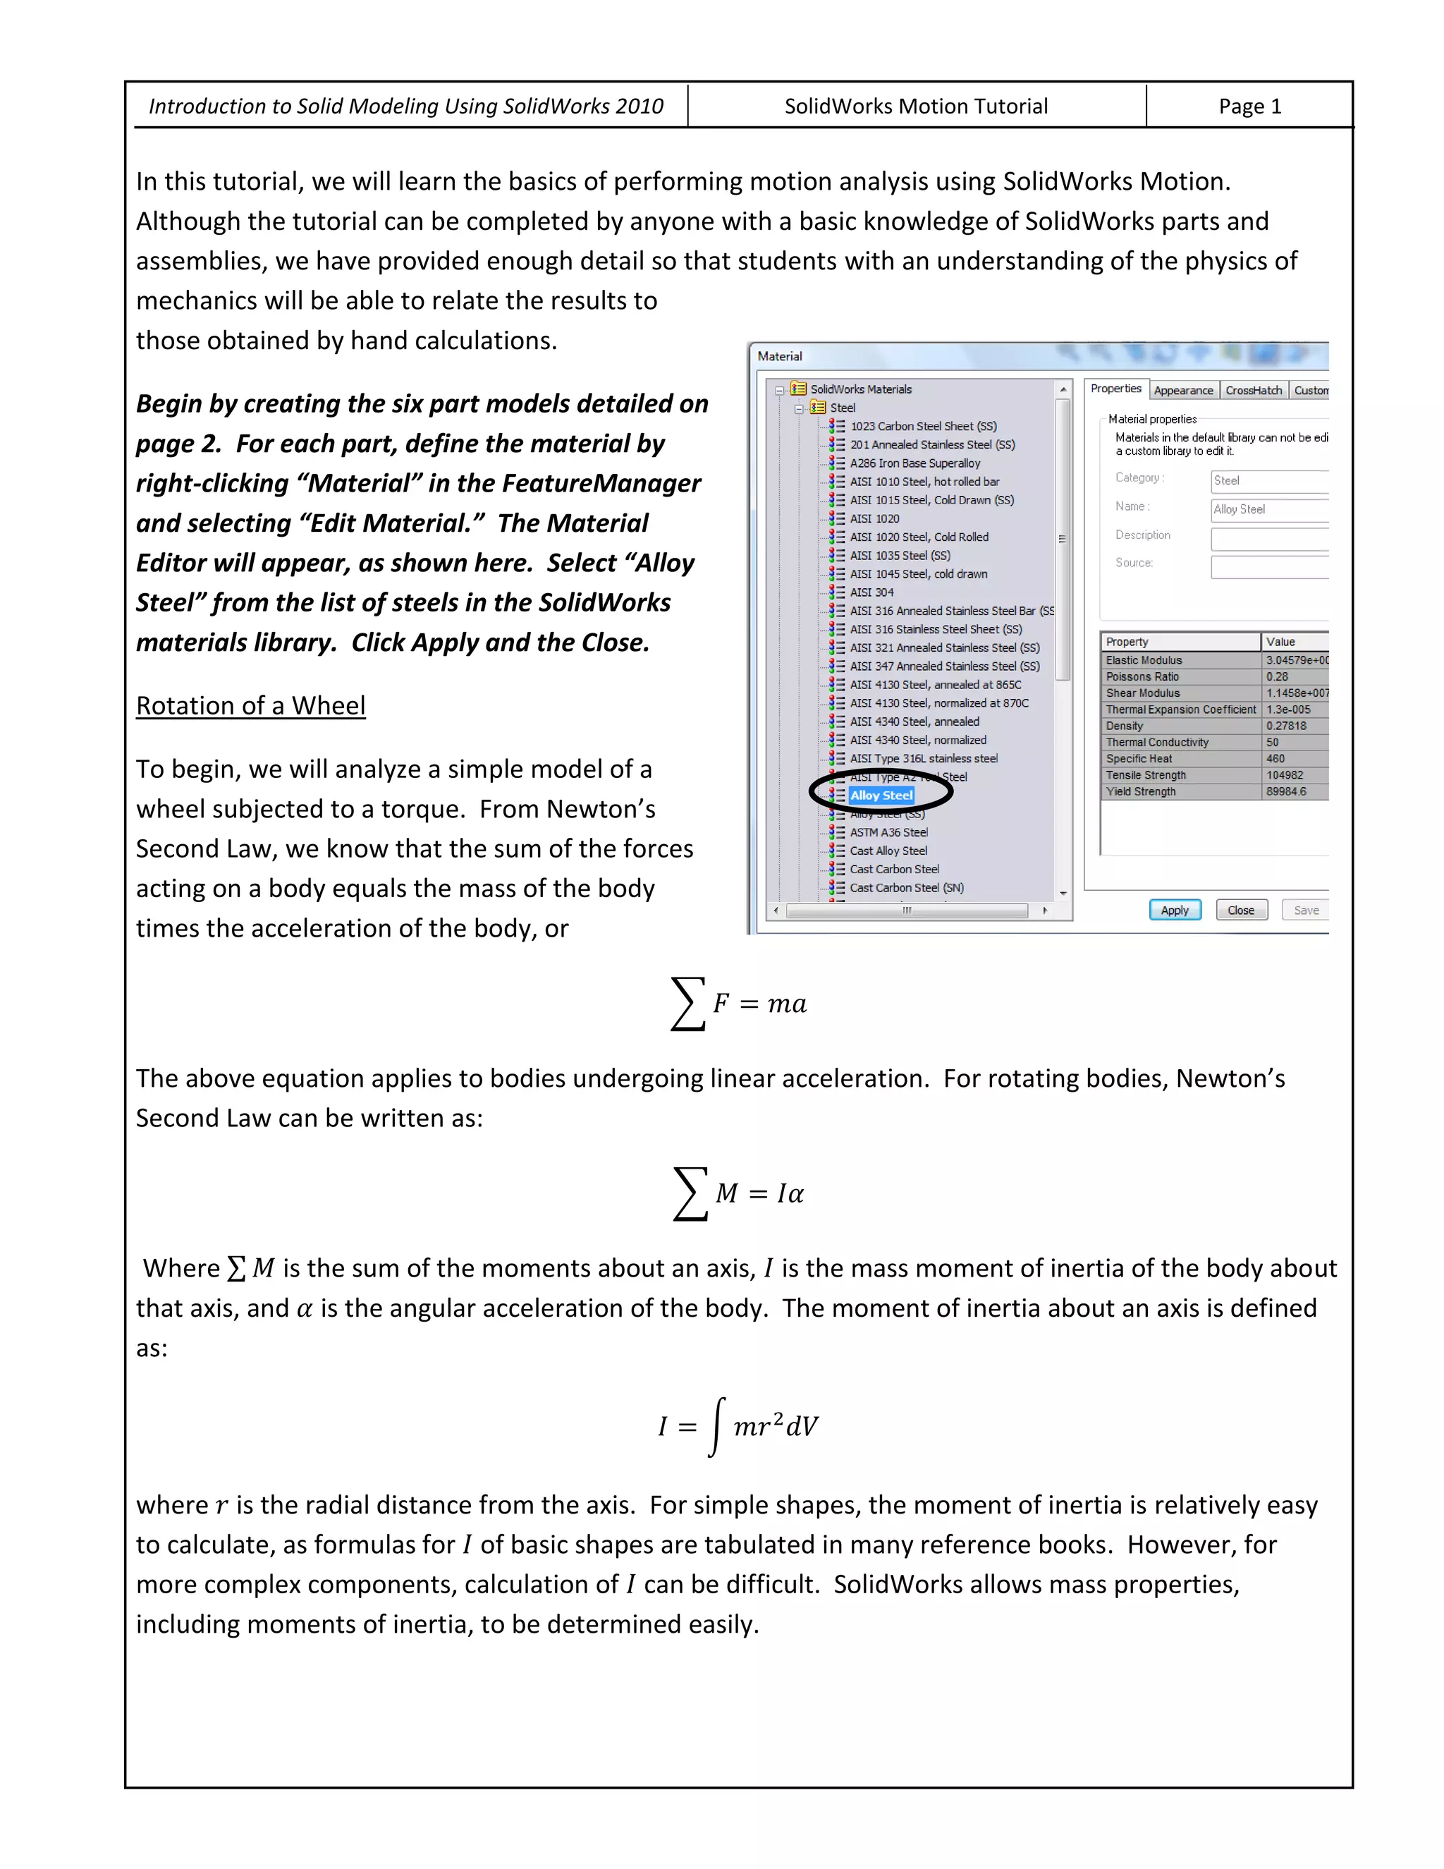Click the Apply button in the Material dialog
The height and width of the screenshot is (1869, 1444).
(1174, 910)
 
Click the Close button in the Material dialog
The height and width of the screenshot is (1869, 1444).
(1240, 910)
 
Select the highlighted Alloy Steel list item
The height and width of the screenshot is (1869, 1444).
(881, 795)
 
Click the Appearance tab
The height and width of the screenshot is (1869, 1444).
(1183, 390)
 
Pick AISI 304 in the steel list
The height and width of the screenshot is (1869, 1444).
(871, 592)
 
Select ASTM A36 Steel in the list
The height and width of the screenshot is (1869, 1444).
(889, 832)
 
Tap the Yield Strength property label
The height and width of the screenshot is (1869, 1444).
(1140, 791)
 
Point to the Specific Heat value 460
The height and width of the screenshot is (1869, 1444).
(1275, 758)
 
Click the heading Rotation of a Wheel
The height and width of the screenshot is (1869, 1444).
(250, 705)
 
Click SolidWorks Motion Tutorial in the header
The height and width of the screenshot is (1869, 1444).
(915, 106)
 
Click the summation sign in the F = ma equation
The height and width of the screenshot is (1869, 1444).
(687, 1003)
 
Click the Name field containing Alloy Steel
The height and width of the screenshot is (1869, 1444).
(1268, 509)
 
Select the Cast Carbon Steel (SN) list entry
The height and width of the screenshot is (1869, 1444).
(906, 887)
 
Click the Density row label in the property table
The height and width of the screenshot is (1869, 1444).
(1124, 726)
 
